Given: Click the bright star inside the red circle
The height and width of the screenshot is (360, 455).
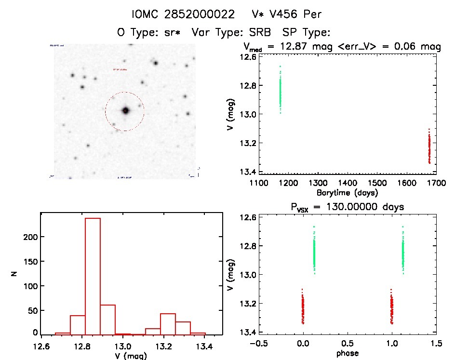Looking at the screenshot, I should [126, 110].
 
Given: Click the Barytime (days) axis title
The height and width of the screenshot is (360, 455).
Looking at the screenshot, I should [347, 193].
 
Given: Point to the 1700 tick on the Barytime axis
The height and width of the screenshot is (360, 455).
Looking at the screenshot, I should [436, 183].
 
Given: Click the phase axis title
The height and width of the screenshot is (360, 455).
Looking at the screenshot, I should [347, 353].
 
